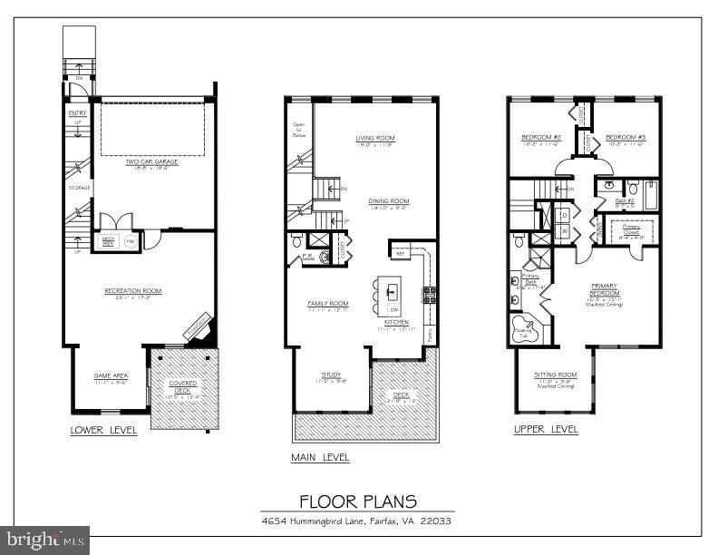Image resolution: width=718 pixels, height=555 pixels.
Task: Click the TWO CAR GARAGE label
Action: [x=151, y=161]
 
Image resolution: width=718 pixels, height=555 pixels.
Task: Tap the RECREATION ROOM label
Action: [x=133, y=291]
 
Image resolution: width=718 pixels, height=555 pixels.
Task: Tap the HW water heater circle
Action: [x=129, y=242]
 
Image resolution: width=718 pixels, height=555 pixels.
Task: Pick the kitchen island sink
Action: [x=393, y=291]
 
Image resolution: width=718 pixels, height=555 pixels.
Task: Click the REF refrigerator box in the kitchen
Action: [x=400, y=254]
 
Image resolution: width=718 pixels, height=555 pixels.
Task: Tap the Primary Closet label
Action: [x=632, y=229]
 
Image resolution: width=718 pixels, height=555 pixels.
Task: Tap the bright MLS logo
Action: [x=44, y=540]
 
